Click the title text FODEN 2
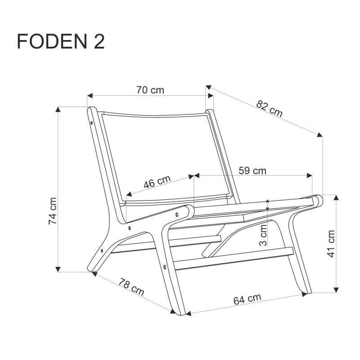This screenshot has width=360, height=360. pos(61,41)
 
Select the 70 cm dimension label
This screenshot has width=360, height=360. pos(150,90)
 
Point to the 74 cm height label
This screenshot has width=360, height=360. pos(53,211)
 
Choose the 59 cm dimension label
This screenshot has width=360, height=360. pos(252,171)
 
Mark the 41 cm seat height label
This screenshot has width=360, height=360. pos(331,243)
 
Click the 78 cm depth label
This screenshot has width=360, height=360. pos(131,288)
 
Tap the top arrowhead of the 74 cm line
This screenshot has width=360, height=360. pos(58,109)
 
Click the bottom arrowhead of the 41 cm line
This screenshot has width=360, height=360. pos(336,289)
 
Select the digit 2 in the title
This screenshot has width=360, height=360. pos(99,41)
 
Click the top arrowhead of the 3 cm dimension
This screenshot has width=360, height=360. pos(268,202)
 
